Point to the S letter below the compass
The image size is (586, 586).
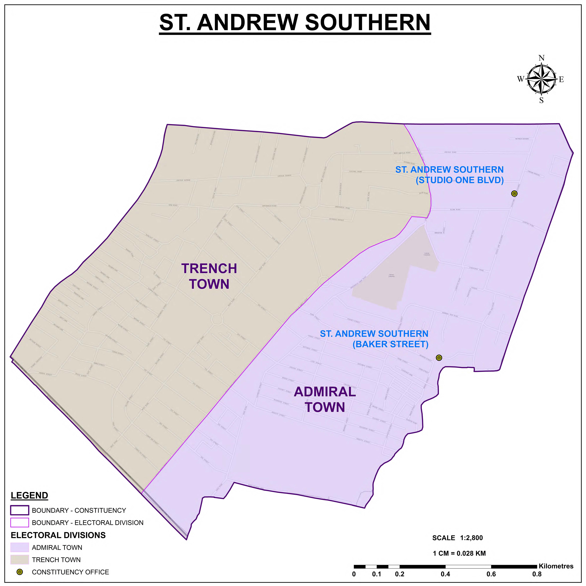pos(541,100)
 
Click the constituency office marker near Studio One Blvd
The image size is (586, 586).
pos(514,193)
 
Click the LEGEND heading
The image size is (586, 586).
pos(29,496)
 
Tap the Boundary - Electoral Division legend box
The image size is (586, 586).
pos(20,523)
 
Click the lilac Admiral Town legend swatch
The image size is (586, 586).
pos(20,547)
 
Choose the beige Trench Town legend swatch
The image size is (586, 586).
pos(20,560)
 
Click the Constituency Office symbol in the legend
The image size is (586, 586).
pos(20,572)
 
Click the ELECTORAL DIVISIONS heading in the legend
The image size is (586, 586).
pos(58,535)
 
